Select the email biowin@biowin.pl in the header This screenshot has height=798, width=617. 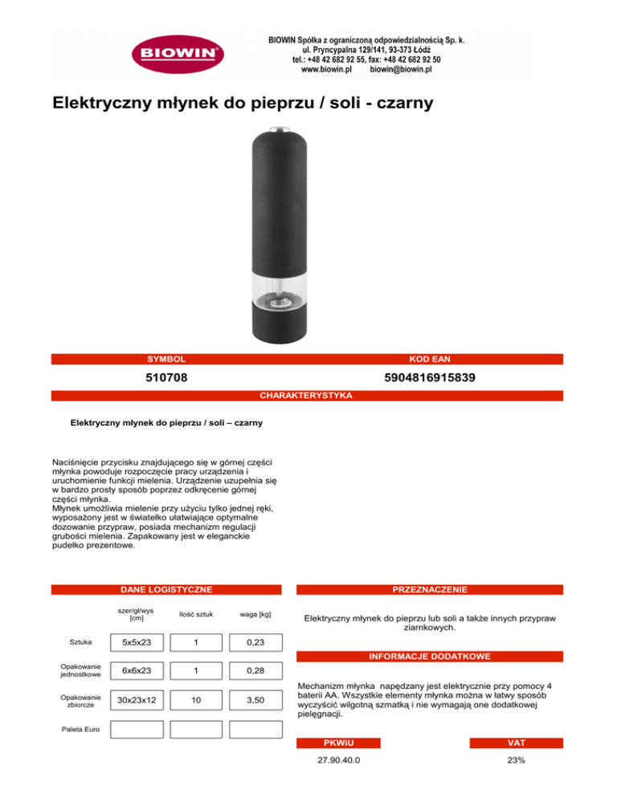[401, 71]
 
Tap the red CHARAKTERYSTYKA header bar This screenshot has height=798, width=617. [308, 396]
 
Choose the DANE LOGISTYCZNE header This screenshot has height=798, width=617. [166, 589]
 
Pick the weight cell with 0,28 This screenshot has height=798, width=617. [255, 670]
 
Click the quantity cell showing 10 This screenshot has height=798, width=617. [196, 701]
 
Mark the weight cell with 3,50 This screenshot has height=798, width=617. [255, 701]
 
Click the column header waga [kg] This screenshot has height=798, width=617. [255, 616]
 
